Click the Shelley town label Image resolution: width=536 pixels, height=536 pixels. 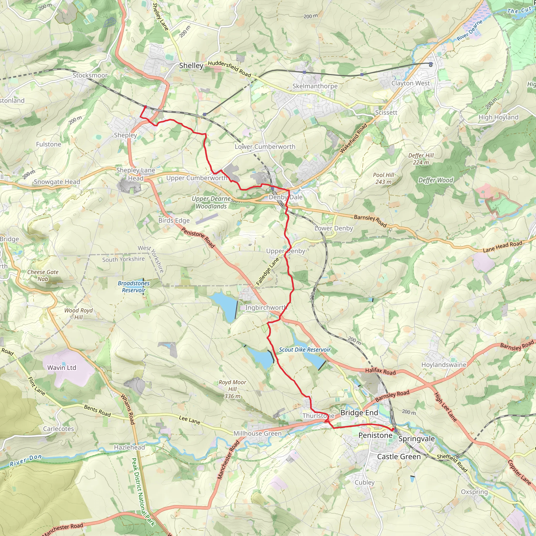[x=191, y=66]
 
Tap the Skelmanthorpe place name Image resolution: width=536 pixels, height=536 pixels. [x=315, y=86]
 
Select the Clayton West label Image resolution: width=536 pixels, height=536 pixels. [x=410, y=83]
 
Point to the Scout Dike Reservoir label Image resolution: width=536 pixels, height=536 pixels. [x=305, y=350]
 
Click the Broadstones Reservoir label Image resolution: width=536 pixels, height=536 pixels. [x=134, y=287]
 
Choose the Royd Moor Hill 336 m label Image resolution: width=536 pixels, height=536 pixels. [x=232, y=389]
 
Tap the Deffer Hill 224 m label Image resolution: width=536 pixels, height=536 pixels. [x=421, y=159]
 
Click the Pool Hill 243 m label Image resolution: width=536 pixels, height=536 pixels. [x=383, y=178]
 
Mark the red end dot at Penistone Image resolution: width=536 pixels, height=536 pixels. [x=393, y=429]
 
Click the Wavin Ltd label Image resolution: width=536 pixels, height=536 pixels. [x=62, y=368]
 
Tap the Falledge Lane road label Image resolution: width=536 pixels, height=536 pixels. [x=267, y=272]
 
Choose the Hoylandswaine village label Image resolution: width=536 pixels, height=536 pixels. [x=444, y=365]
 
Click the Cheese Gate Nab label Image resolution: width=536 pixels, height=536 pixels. [x=43, y=276]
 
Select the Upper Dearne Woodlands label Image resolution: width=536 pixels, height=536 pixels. [x=211, y=203]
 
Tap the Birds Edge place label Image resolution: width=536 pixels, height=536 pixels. [x=174, y=221]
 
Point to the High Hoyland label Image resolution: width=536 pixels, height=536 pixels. [x=498, y=117]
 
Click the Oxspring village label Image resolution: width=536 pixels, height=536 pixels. [x=474, y=492]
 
